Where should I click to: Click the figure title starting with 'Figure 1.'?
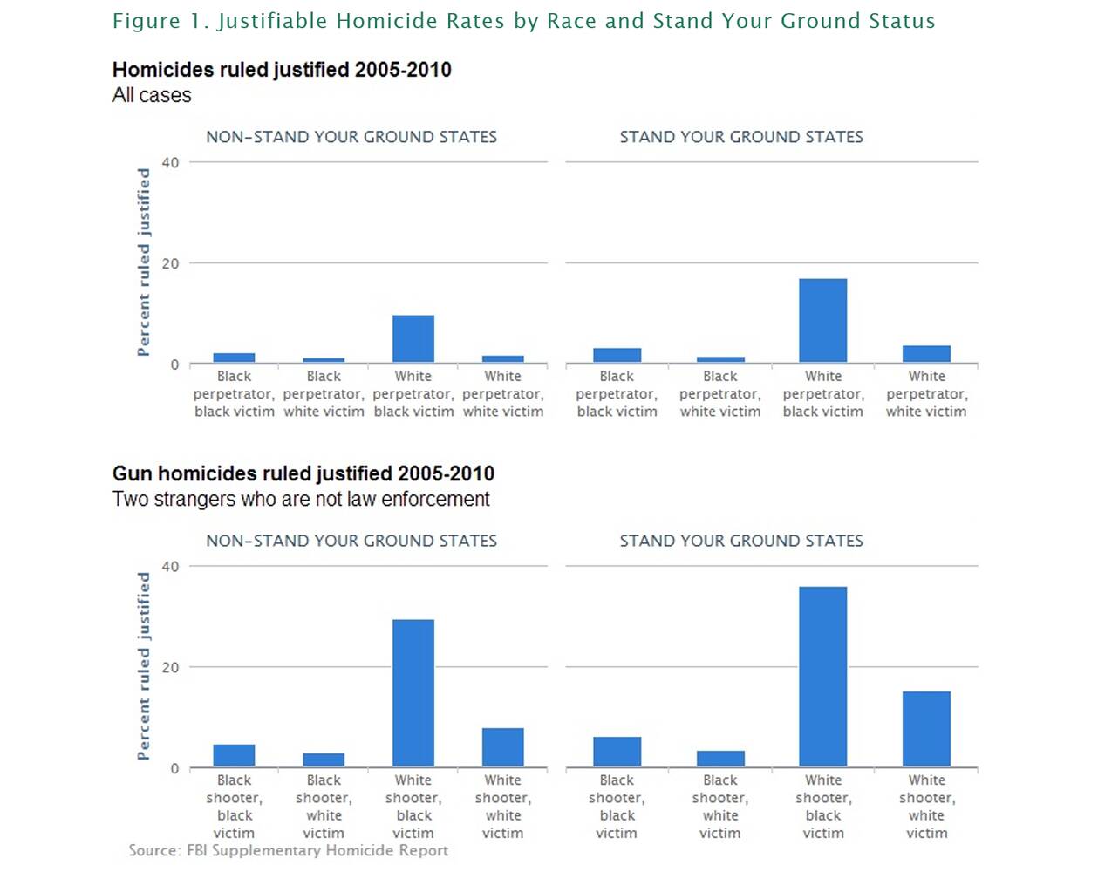click(x=523, y=21)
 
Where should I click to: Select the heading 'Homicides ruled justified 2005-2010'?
click(x=282, y=70)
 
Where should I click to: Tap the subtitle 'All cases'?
click(x=152, y=95)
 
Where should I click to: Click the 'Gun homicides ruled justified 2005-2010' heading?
click(x=303, y=473)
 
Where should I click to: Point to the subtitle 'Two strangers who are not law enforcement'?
click(x=301, y=499)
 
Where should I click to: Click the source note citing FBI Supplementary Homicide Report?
click(x=288, y=850)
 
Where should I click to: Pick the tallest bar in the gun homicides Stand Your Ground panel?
click(x=822, y=677)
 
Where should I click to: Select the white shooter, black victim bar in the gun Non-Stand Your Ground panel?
click(x=413, y=693)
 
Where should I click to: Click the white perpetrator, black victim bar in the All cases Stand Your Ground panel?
click(x=822, y=321)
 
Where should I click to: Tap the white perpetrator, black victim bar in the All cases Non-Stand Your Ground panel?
click(x=413, y=339)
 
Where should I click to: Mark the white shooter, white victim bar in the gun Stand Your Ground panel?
click(x=926, y=729)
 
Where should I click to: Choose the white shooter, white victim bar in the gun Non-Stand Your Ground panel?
click(x=503, y=747)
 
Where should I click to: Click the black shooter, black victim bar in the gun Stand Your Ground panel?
click(x=617, y=752)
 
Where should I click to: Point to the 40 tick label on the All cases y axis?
click(x=170, y=163)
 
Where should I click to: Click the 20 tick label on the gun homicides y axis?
click(x=170, y=667)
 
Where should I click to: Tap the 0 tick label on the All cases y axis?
click(x=174, y=364)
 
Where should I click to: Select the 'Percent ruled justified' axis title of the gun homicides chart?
click(x=144, y=666)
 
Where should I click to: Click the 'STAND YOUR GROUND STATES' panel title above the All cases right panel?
click(x=741, y=137)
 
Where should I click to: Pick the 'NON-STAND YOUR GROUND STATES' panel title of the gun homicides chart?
click(x=351, y=541)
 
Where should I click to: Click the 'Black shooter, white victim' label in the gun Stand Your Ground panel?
click(x=720, y=807)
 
